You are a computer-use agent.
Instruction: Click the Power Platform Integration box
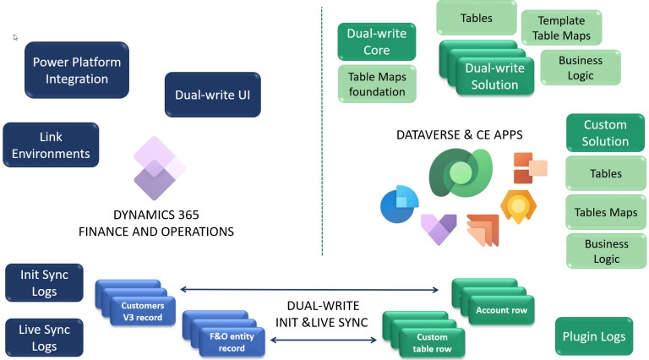pyautogui.click(x=77, y=70)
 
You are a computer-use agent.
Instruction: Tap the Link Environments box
pyautogui.click(x=52, y=145)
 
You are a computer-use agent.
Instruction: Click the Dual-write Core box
pyautogui.click(x=376, y=42)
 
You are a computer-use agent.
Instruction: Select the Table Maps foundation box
pyautogui.click(x=376, y=84)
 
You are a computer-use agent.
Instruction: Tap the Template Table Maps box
pyautogui.click(x=561, y=27)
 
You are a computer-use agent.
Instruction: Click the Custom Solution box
pyautogui.click(x=605, y=133)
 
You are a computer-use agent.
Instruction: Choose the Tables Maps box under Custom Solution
pyautogui.click(x=605, y=212)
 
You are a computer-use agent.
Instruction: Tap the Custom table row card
pyautogui.click(x=432, y=343)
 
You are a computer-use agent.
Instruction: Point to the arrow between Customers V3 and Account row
pyautogui.click(x=308, y=291)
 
